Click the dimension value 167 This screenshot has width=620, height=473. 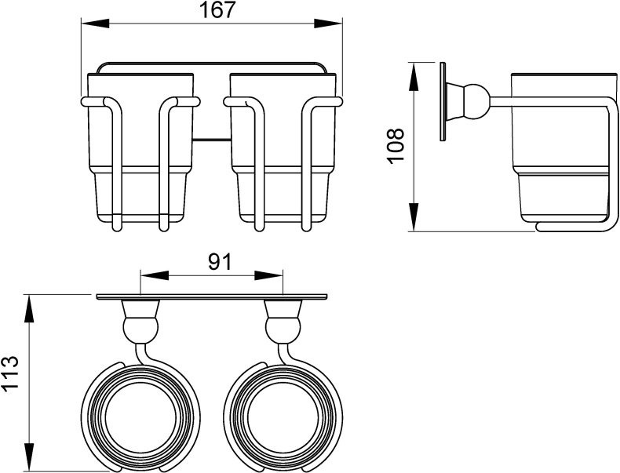[x=218, y=9]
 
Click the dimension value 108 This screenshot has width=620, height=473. [x=396, y=144]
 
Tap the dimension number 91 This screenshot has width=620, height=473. [x=219, y=261]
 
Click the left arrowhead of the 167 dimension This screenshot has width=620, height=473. [x=95, y=23]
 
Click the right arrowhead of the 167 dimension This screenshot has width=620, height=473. [x=328, y=23]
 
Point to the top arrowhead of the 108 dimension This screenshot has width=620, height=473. [x=414, y=77]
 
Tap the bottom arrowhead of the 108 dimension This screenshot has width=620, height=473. [x=414, y=216]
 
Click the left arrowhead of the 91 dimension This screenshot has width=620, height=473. [x=155, y=275]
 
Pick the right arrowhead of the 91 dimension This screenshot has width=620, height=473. [x=269, y=275]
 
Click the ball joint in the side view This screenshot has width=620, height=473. [x=476, y=107]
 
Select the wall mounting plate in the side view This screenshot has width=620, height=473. [x=443, y=101]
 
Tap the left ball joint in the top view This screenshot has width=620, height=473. [x=140, y=328]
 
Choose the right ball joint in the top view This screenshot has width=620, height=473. [x=283, y=328]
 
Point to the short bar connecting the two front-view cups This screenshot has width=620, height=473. [x=212, y=139]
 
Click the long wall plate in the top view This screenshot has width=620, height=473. [x=212, y=297]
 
